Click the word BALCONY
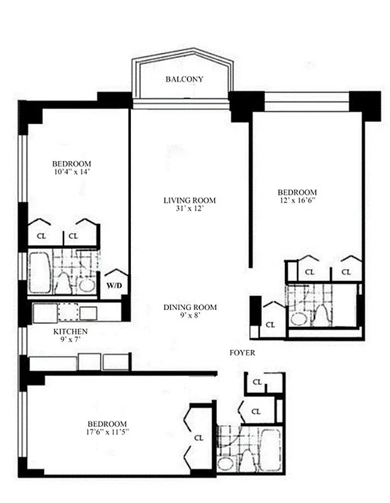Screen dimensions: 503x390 [184, 79]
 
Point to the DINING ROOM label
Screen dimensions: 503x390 [190, 307]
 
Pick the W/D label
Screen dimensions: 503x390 [114, 285]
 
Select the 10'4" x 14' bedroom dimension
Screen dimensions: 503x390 [74, 171]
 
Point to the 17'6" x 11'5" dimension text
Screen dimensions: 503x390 [108, 433]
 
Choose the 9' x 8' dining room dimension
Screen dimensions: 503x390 [190, 316]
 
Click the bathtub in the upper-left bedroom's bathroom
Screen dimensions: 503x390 [39, 272]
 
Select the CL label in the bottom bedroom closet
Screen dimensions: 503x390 [199, 438]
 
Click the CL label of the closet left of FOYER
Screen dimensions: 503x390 [270, 325]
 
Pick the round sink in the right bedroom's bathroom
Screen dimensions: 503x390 [299, 318]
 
